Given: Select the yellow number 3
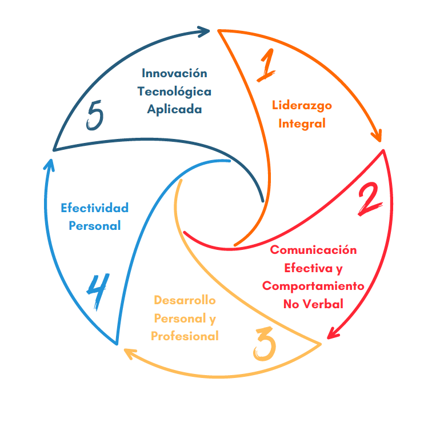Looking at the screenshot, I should tap(264, 343).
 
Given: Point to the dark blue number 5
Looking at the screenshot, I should tap(95, 116).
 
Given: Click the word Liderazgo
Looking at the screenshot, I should tap(302, 105).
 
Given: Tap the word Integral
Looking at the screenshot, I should tap(302, 123).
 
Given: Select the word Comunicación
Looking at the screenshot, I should tap(313, 250).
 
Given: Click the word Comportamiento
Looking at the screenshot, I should tap(313, 286).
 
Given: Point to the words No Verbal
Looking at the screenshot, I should tap(313, 304).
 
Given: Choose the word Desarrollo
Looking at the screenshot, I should tap(185, 300).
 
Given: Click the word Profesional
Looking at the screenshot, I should tap(185, 336).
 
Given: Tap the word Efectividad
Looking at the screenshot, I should tap(94, 208).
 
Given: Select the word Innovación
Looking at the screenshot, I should tap(174, 73).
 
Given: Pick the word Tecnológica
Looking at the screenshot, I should tap(174, 91).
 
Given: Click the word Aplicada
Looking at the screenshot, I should tap(174, 109).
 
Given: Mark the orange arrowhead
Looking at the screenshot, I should tap(377, 136).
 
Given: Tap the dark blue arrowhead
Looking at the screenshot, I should tap(205, 31).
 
